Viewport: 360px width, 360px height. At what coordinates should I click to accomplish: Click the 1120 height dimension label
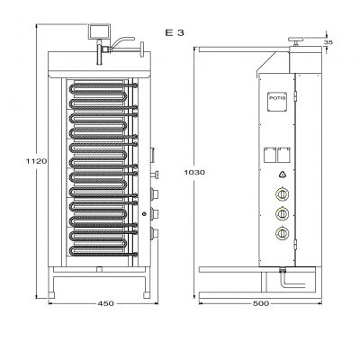pyautogui.click(x=36, y=161)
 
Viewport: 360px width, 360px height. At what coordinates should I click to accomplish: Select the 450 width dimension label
pyautogui.click(x=105, y=303)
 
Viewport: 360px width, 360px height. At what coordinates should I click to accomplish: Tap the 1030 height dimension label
pyautogui.click(x=194, y=172)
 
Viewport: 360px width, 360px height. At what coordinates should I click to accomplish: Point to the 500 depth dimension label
pyautogui.click(x=261, y=303)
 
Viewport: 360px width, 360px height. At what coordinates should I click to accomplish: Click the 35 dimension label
pyautogui.click(x=328, y=42)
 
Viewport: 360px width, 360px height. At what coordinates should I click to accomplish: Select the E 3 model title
pyautogui.click(x=175, y=32)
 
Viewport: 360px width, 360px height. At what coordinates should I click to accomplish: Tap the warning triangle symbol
pyautogui.click(x=283, y=175)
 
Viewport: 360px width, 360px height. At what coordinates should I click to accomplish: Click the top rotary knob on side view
pyautogui.click(x=282, y=194)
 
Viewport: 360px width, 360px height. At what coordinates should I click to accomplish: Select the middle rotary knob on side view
pyautogui.click(x=282, y=213)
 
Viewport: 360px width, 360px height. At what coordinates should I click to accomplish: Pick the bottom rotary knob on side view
pyautogui.click(x=282, y=233)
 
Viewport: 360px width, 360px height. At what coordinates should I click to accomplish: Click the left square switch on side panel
pyautogui.click(x=270, y=155)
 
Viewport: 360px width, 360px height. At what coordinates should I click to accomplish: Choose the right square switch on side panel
pyautogui.click(x=283, y=155)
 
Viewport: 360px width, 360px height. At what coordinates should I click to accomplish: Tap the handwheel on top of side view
pyautogui.click(x=296, y=40)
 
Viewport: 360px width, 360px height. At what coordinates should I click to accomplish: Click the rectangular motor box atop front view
pyautogui.click(x=99, y=31)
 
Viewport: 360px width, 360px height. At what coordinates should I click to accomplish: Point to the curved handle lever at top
pyautogui.click(x=123, y=41)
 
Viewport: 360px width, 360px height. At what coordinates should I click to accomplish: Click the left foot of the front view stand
pyautogui.click(x=51, y=295)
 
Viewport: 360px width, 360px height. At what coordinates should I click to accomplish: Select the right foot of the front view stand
pyautogui.click(x=147, y=295)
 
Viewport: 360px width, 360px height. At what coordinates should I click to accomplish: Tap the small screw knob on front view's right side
pyautogui.click(x=155, y=175)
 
